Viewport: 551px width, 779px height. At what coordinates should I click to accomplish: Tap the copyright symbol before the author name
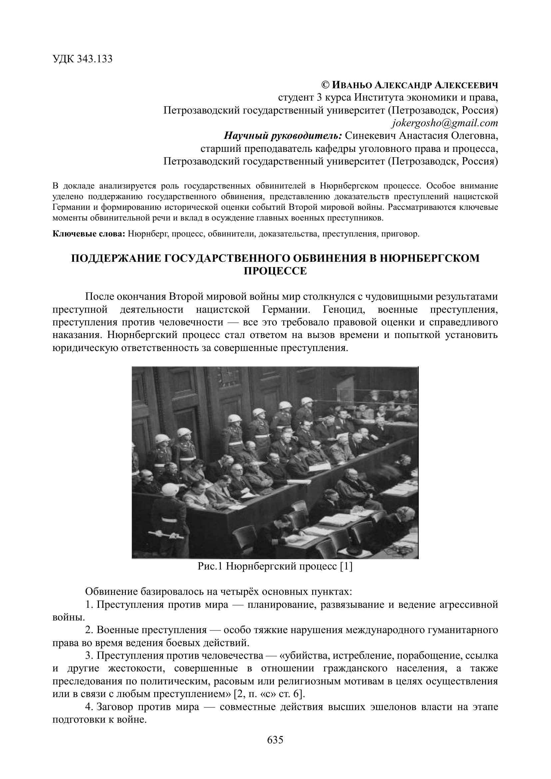pos(325,85)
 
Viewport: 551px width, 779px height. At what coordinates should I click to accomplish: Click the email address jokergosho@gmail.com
pos(445,123)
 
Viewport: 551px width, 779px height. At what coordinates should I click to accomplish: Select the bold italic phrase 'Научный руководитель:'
pos(282,136)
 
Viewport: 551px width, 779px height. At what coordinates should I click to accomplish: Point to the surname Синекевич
pos(370,136)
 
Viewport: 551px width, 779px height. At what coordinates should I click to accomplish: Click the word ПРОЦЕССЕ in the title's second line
pos(275,271)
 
